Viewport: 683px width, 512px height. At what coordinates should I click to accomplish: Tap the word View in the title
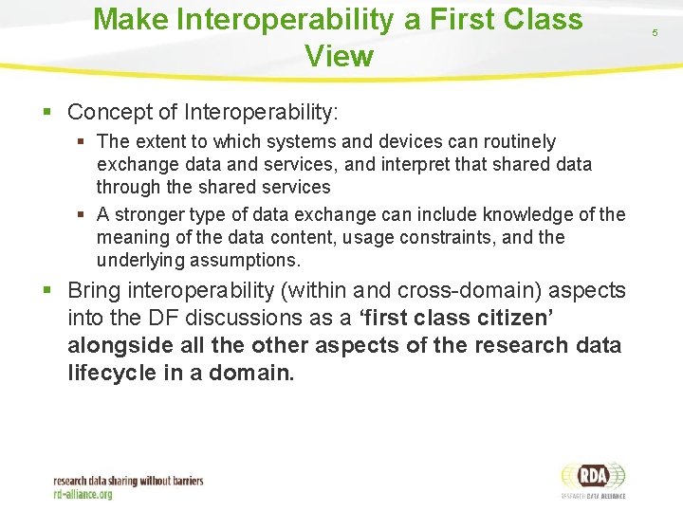[339, 56]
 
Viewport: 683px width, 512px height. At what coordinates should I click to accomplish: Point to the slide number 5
[654, 33]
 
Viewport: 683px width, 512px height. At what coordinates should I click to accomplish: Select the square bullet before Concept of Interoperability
[48, 112]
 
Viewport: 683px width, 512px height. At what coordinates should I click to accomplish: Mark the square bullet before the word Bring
[48, 289]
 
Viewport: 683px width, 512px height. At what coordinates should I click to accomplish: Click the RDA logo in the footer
[592, 477]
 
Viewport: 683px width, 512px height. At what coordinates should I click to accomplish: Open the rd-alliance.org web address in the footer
[83, 493]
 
